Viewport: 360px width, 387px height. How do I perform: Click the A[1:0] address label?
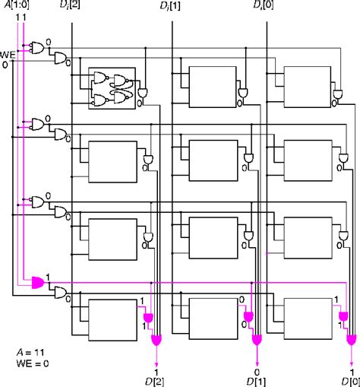pos(17,5)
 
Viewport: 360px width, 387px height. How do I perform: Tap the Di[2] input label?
pos(70,5)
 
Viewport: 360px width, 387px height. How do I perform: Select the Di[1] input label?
pos(170,6)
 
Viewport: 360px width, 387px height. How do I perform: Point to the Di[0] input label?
pos(264,5)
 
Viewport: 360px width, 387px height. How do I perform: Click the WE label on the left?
pos(8,55)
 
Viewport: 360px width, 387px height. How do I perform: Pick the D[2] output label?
pos(154,382)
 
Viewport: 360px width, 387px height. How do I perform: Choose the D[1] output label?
pos(256,382)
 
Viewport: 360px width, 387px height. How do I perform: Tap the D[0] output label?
pos(351,382)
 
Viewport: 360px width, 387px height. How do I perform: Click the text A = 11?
pos(30,352)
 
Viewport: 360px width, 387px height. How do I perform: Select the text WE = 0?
pos(33,363)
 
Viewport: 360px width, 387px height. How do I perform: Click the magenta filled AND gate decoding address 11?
pos(38,283)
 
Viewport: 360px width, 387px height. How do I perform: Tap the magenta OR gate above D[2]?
pos(156,340)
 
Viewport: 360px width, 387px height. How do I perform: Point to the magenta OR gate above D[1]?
pos(257,340)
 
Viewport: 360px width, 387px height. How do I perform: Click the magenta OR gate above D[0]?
pos(351,340)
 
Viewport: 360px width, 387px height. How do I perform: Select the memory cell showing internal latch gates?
pos(112,88)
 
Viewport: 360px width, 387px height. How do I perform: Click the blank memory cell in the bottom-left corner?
pos(112,320)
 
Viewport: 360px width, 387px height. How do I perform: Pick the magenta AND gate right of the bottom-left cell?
pos(148,318)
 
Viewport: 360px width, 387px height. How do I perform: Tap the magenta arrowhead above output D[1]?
pos(257,365)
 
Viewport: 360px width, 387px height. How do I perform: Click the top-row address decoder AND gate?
pos(38,48)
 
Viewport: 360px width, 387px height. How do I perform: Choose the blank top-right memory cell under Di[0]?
pos(308,87)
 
